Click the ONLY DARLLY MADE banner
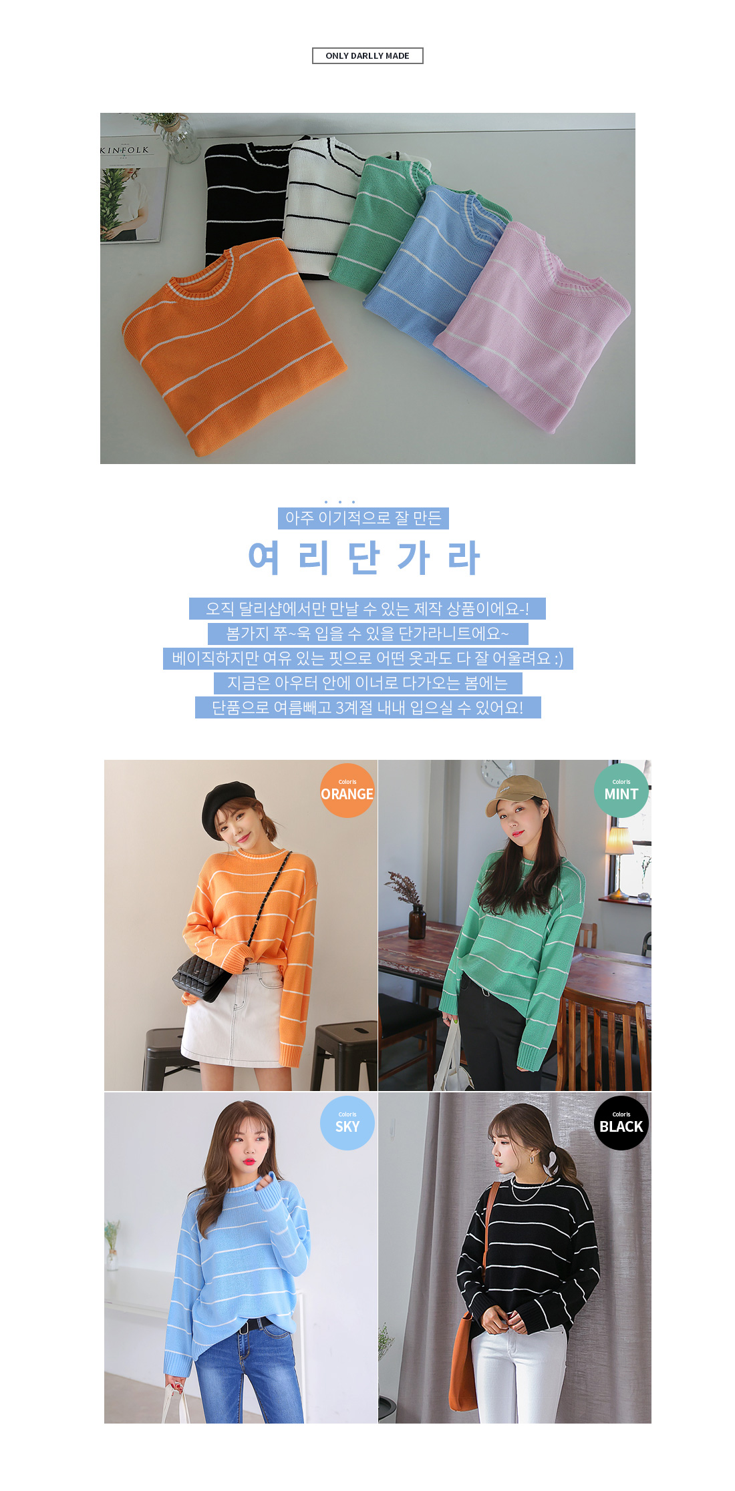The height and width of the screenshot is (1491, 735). point(367,55)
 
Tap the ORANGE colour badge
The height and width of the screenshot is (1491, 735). point(347,791)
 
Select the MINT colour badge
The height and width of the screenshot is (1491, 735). point(621,791)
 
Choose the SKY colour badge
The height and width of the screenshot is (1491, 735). point(347,1123)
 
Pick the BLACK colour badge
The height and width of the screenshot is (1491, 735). point(621,1123)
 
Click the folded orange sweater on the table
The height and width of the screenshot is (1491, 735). point(234,344)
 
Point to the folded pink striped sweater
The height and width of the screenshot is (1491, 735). point(535,327)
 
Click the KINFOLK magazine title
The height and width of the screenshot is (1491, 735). point(125,150)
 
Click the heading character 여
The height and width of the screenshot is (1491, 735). point(264,558)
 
